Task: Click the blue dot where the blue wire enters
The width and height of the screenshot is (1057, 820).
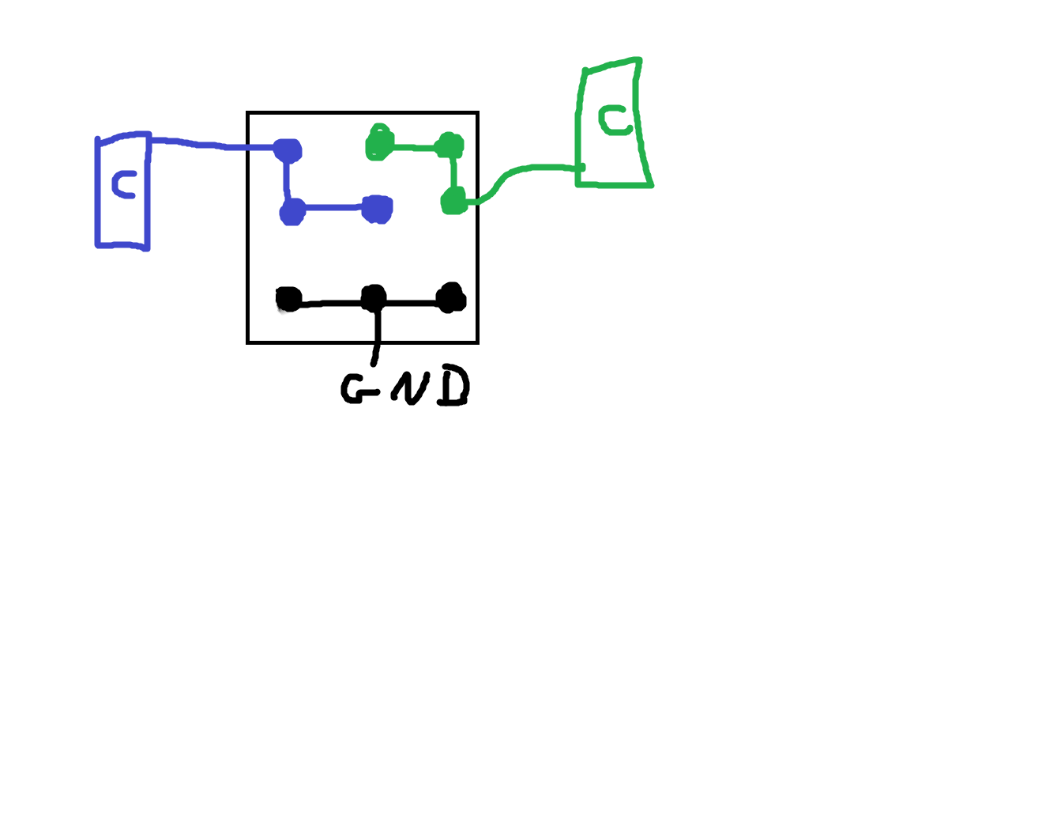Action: coord(288,149)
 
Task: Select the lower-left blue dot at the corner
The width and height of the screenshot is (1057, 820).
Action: coord(292,212)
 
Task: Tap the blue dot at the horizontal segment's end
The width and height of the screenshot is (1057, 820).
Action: coord(378,210)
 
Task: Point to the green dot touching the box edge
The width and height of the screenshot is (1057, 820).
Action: coord(454,200)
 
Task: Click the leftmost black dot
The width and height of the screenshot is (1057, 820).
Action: coord(289,299)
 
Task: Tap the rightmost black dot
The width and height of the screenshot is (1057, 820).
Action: coord(451,297)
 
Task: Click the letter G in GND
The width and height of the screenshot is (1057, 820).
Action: coord(359,388)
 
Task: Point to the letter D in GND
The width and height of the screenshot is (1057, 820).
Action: coord(453,385)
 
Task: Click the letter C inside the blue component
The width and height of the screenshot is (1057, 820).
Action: coord(124,184)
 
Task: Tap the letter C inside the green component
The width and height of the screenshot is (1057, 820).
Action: coord(615,119)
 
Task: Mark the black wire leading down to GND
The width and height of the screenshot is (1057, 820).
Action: coord(376,337)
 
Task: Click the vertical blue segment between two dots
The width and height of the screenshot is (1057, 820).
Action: coord(287,180)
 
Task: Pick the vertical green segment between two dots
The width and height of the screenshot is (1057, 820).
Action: coord(453,172)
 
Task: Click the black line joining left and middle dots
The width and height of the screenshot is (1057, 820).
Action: coord(331,303)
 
